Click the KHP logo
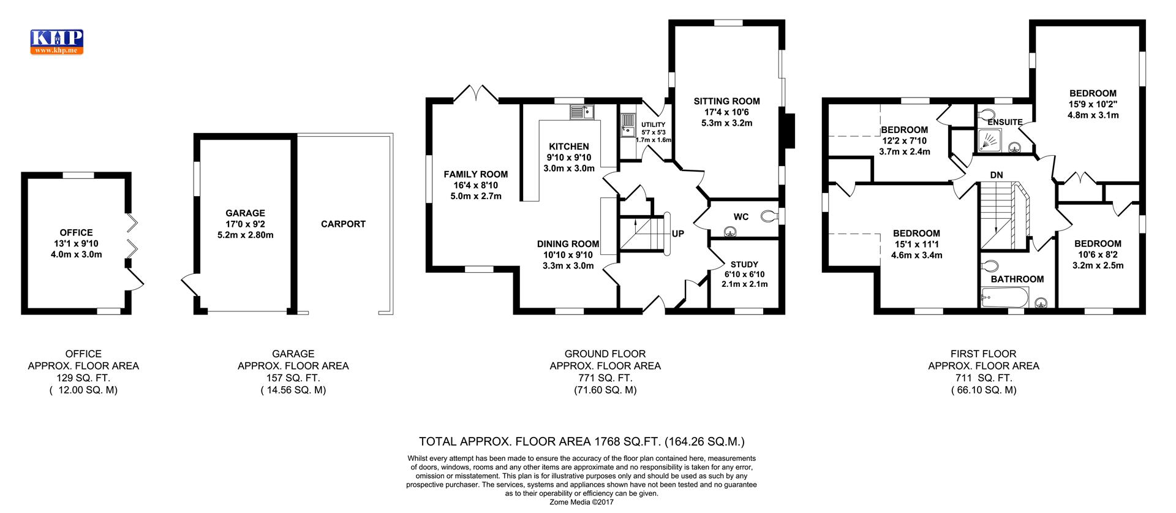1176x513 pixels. [x=56, y=42]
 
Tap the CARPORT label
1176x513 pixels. [x=343, y=224]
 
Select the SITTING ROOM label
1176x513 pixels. [x=726, y=101]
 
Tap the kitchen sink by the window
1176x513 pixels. [x=582, y=112]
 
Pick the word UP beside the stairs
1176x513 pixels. [x=678, y=234]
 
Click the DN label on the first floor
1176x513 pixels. [x=997, y=175]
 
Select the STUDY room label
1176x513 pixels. [x=744, y=265]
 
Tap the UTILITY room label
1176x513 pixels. [x=653, y=125]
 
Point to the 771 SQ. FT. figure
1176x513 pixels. [x=605, y=378]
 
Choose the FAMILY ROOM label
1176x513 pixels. [x=476, y=175]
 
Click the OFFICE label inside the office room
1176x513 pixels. [x=77, y=233]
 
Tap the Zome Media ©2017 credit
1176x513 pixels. [x=581, y=502]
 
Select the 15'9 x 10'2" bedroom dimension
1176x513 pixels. [x=1093, y=104]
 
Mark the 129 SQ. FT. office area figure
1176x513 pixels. [x=83, y=378]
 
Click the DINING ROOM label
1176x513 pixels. [x=568, y=244]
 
